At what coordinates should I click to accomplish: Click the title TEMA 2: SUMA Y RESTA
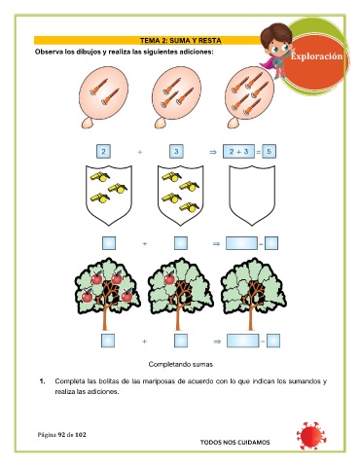[x=181, y=41]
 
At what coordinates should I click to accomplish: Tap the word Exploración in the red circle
[x=316, y=56]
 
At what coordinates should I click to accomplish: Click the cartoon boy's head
[x=275, y=39]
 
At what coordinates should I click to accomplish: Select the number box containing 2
[x=103, y=151]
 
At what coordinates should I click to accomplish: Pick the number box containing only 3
[x=176, y=151]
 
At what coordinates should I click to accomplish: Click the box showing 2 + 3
[x=238, y=151]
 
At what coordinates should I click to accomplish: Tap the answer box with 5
[x=269, y=151]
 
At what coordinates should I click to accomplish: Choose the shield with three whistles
[x=109, y=195]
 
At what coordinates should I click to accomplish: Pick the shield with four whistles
[x=181, y=195]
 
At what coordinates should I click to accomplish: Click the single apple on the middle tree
[x=169, y=278]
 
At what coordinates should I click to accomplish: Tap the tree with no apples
[x=253, y=294]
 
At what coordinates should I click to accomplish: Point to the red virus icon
[x=311, y=436]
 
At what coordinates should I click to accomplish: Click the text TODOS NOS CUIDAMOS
[x=234, y=442]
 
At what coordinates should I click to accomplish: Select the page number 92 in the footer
[x=61, y=435]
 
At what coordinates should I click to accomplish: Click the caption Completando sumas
[x=181, y=364]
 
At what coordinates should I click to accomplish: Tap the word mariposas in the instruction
[x=160, y=381]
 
